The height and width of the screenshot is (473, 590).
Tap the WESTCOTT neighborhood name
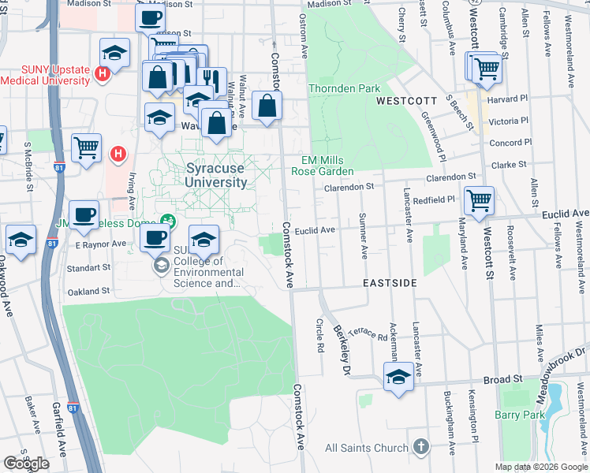[406, 102]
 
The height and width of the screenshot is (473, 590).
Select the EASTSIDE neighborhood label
[389, 282]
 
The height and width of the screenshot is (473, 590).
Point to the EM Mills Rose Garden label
[322, 165]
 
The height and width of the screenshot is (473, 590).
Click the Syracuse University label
[217, 175]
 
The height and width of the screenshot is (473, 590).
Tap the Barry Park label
[520, 415]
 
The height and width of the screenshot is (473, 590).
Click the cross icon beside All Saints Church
[420, 447]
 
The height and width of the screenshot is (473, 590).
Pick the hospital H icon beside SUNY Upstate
[101, 75]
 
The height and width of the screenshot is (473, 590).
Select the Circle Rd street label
[319, 335]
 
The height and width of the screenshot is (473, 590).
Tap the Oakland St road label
[88, 291]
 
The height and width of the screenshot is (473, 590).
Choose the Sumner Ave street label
[363, 235]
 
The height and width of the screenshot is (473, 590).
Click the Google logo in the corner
[26, 464]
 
